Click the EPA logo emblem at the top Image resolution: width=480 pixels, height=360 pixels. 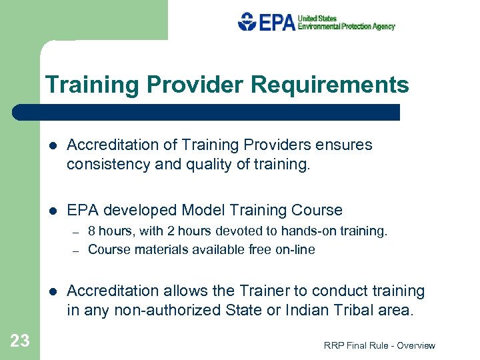[247, 21]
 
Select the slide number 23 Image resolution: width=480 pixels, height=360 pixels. [20, 341]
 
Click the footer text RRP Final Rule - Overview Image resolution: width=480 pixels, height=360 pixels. [379, 345]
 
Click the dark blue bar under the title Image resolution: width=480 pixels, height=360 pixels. [207, 112]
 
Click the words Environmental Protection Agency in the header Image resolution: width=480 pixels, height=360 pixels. [346, 27]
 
